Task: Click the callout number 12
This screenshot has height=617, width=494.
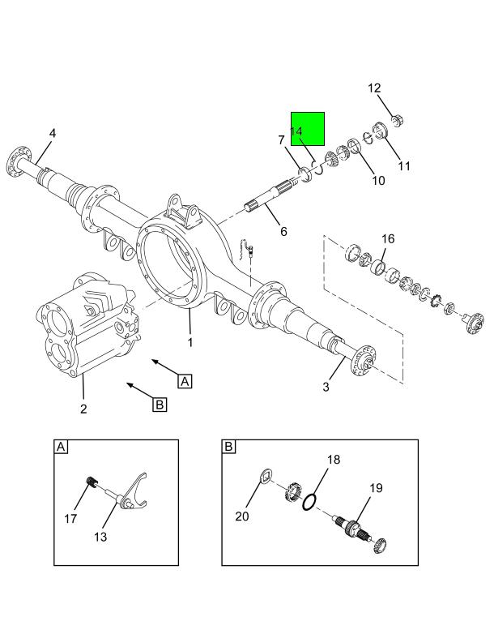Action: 374,88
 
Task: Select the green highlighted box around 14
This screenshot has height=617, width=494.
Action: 308,129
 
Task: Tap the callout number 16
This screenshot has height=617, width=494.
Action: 388,238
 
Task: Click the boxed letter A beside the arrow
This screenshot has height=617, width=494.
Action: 185,380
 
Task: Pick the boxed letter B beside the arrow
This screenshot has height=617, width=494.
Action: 159,403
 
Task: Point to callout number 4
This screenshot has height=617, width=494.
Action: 53,133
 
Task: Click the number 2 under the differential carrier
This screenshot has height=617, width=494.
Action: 83,409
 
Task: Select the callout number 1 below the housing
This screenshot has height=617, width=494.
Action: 190,342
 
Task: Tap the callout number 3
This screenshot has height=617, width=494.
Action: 326,387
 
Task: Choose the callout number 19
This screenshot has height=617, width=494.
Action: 376,488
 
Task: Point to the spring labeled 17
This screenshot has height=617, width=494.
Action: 92,485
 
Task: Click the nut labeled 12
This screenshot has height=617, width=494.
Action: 397,122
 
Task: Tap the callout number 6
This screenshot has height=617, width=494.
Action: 283,232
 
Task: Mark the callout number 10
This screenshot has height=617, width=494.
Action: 378,180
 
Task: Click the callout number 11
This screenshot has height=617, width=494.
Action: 404,166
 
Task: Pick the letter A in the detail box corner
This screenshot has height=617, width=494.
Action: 62,448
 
